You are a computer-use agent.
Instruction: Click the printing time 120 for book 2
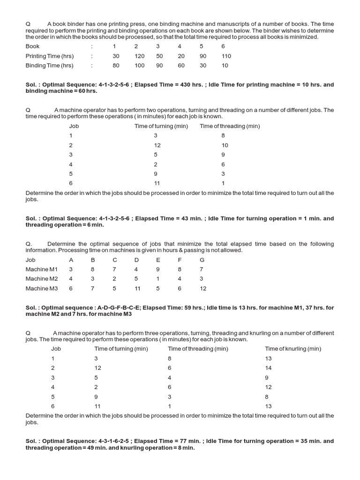[x=139, y=56]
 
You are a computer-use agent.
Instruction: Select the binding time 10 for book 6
[x=225, y=66]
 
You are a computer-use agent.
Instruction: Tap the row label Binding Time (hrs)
[x=49, y=66]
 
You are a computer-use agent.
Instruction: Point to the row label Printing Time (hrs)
[x=50, y=56]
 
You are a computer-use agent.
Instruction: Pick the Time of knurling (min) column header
[x=293, y=349]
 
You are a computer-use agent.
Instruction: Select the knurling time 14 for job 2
[x=268, y=368]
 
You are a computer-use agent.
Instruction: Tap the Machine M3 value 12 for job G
[x=202, y=288]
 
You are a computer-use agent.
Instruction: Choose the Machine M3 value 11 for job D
[x=137, y=288]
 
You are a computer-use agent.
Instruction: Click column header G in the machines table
[x=202, y=260]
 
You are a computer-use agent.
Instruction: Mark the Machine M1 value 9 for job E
[x=158, y=270]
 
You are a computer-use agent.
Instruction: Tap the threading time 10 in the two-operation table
[x=225, y=145]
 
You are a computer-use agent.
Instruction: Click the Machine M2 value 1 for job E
[x=158, y=279]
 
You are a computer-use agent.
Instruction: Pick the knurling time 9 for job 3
[x=267, y=377]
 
